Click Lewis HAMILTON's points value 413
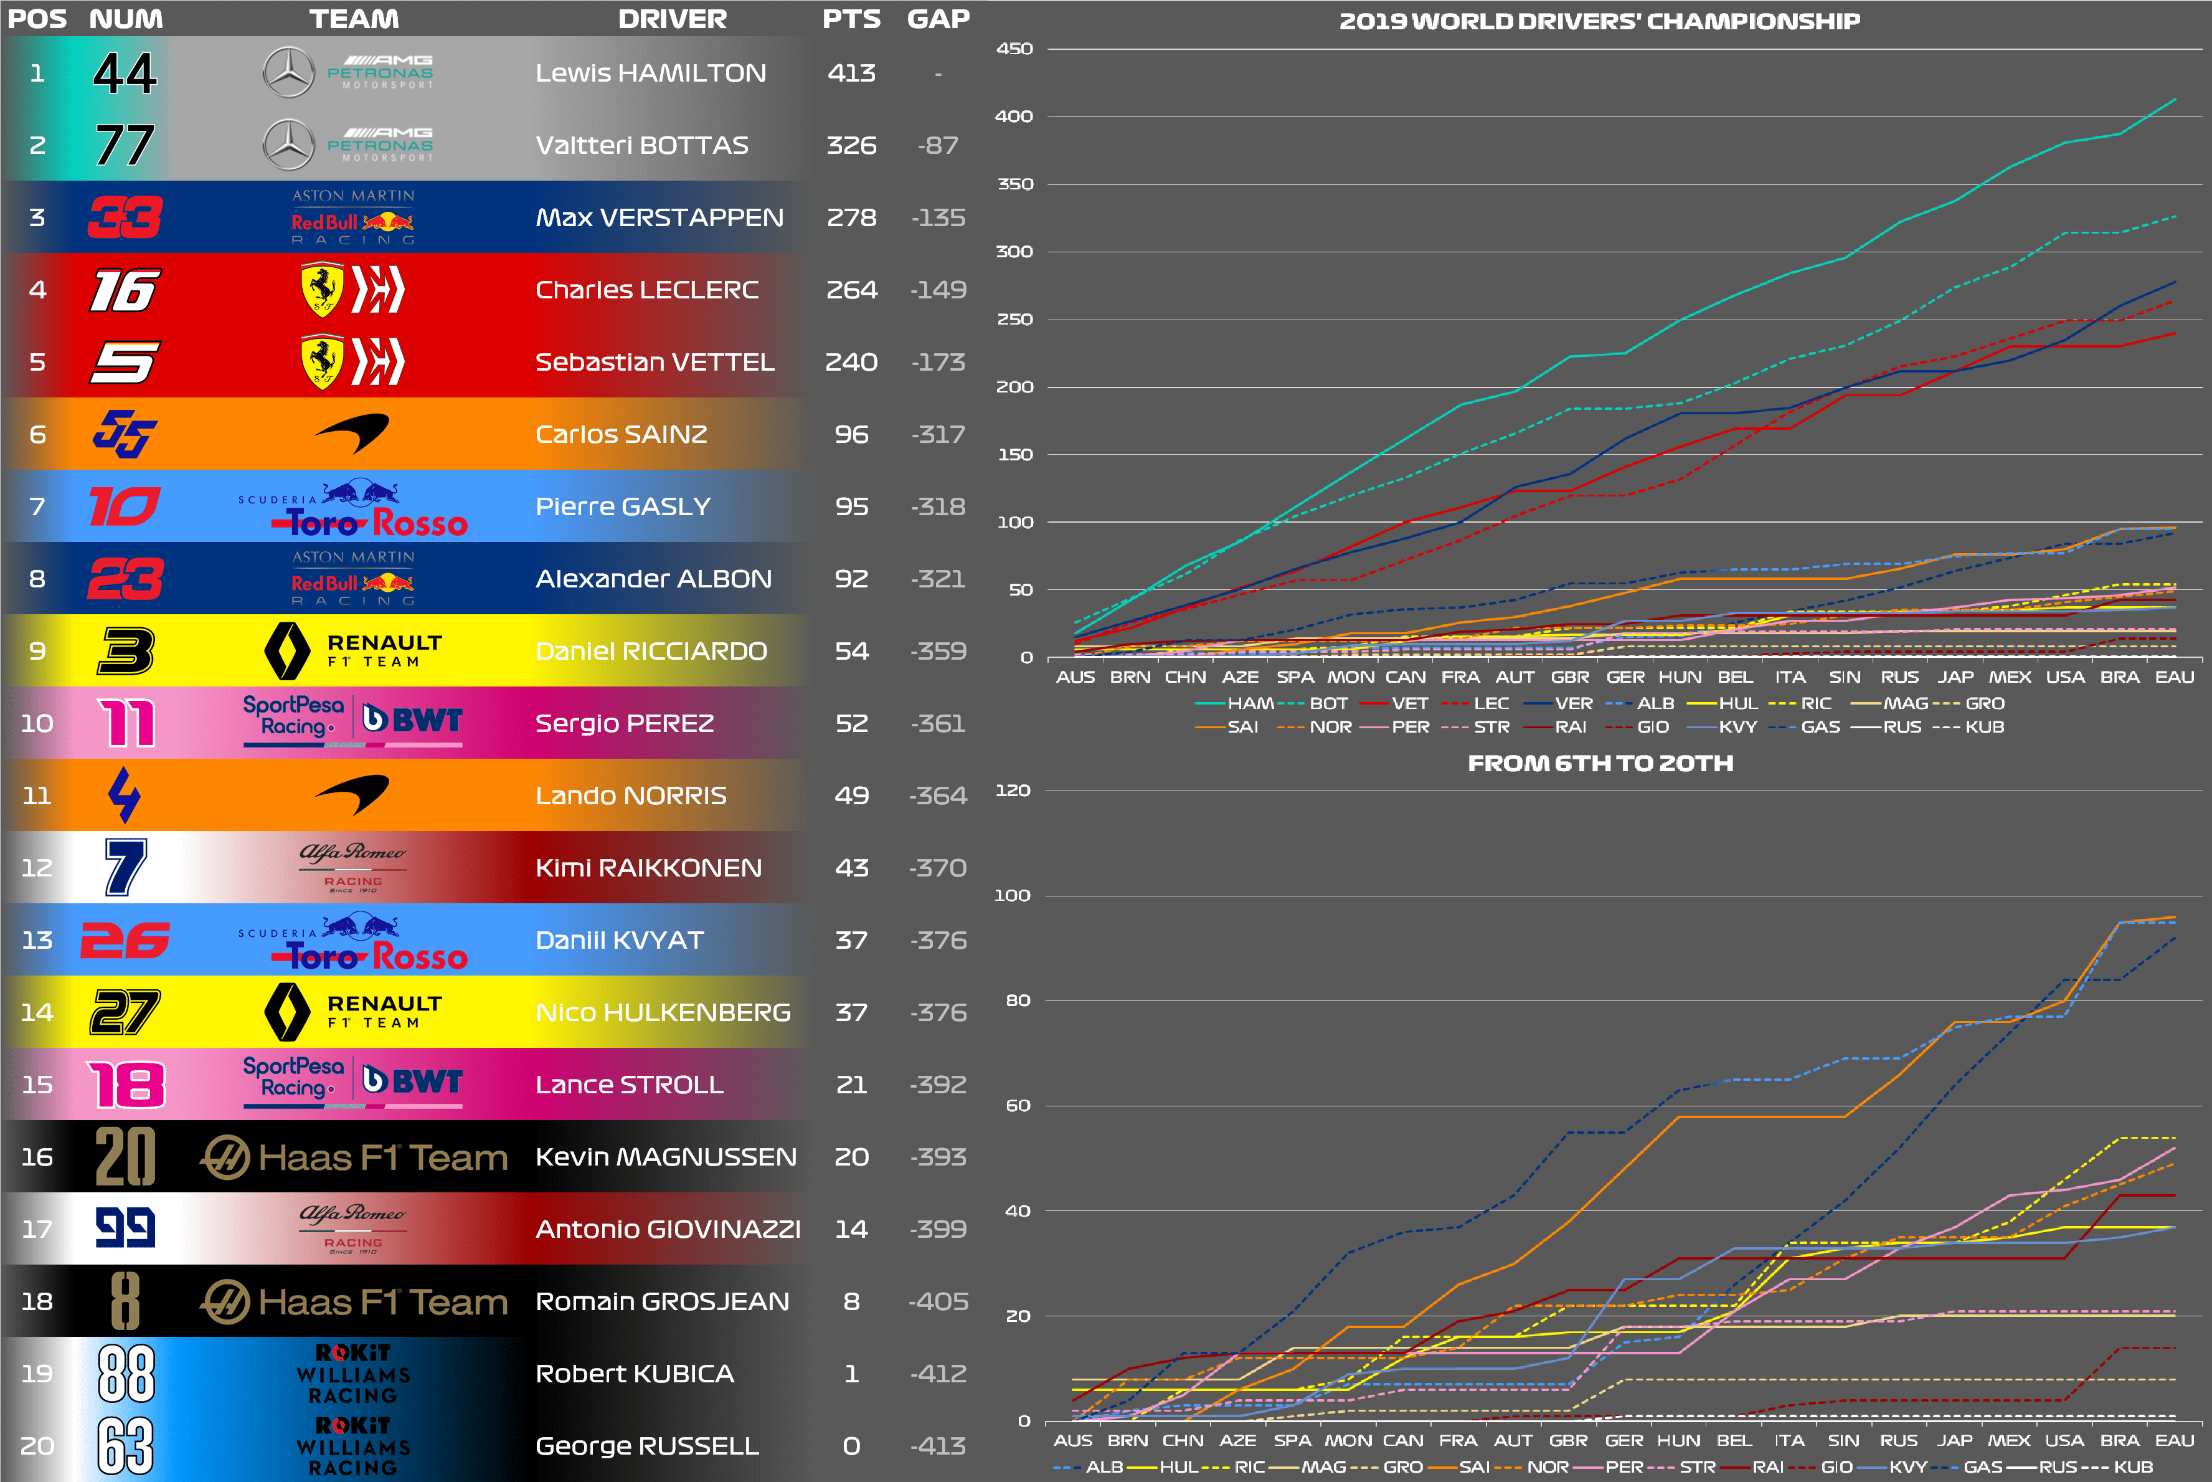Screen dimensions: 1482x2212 pos(851,73)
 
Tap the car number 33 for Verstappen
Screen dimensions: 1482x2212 pos(125,217)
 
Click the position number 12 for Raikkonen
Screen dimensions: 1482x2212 pos(37,868)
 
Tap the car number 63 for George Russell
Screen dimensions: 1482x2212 pos(125,1445)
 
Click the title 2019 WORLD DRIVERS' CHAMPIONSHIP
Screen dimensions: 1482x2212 pos(1600,21)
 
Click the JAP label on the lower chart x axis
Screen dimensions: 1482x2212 pos(1954,1440)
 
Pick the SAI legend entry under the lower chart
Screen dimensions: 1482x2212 pos(1473,1467)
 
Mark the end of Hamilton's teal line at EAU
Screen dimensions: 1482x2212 pos(2176,98)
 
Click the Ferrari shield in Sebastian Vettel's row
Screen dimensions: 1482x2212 pos(321,361)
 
